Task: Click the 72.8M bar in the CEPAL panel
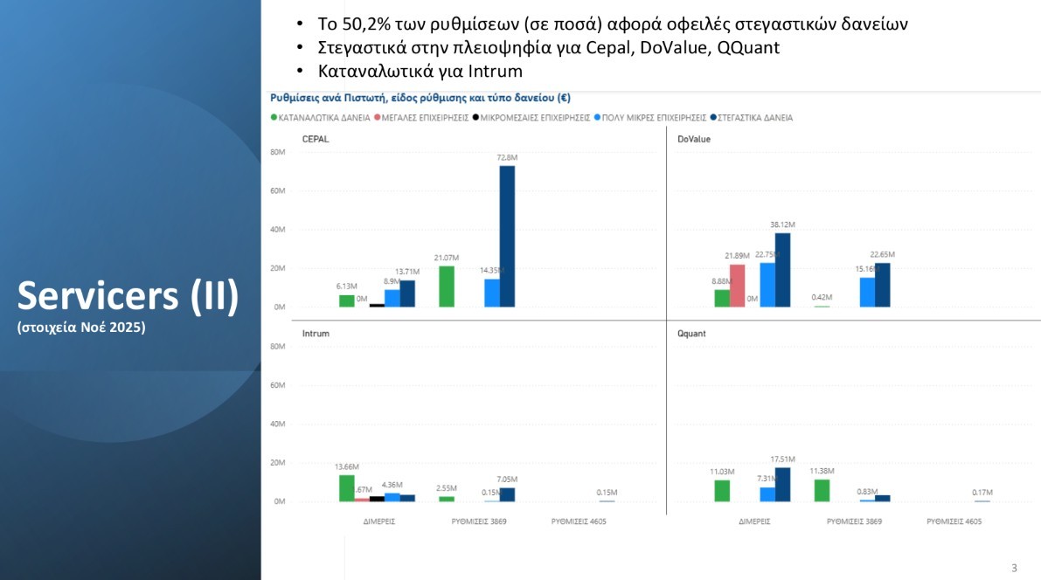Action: coord(507,236)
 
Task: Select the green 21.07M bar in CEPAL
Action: coord(447,287)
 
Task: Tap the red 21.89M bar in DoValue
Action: coord(737,286)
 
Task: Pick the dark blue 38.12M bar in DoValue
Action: coord(782,270)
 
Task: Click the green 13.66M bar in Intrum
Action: coord(347,488)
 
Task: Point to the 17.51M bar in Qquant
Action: coord(782,485)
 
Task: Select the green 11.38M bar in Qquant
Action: coord(822,490)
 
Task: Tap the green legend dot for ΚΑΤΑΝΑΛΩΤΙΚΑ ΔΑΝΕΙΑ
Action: coord(274,117)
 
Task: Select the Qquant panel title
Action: coord(691,334)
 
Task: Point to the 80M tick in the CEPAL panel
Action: coord(278,152)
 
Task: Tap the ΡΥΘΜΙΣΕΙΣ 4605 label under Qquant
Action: coord(954,521)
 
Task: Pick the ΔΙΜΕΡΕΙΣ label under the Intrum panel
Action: coord(380,521)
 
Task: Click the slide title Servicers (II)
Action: coord(128,296)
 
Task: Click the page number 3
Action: coord(1014,568)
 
